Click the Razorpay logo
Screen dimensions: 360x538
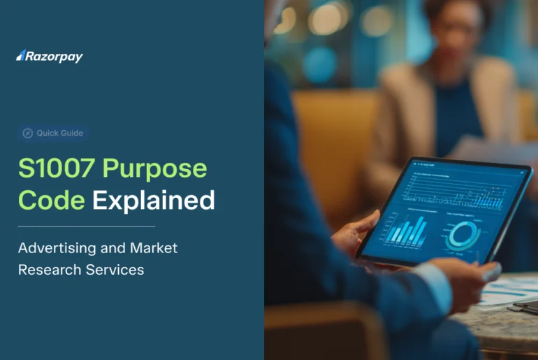50,57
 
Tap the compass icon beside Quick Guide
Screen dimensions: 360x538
28,133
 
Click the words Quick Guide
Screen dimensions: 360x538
60,133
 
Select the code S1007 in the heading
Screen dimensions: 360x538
57,168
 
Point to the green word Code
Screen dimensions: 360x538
52,201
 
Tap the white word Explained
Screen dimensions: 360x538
154,201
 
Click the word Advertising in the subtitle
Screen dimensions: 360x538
59,248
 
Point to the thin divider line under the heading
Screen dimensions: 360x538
86,226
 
